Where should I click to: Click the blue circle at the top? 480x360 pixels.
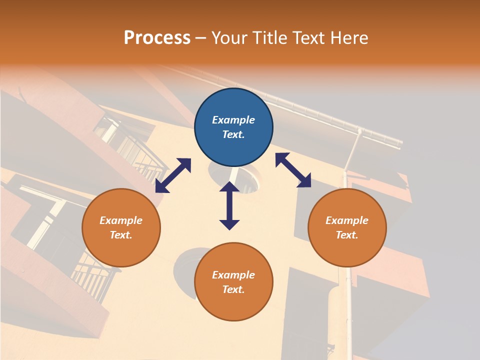pyautogui.click(x=233, y=127)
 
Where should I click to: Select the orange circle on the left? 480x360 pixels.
pyautogui.click(x=121, y=227)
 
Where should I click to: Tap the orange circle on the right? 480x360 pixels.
pyautogui.click(x=347, y=227)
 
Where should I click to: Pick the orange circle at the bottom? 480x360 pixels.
pyautogui.click(x=233, y=282)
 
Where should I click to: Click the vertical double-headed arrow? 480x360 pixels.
pyautogui.click(x=229, y=205)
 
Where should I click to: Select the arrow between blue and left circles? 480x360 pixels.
pyautogui.click(x=173, y=175)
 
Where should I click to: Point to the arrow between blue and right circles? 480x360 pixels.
pyautogui.click(x=293, y=170)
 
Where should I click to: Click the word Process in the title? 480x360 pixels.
pyautogui.click(x=157, y=37)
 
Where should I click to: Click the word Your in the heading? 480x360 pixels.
pyautogui.click(x=229, y=37)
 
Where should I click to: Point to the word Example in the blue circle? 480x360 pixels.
pyautogui.click(x=233, y=120)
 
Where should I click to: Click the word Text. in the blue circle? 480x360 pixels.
pyautogui.click(x=233, y=134)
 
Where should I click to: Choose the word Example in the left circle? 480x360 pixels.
pyautogui.click(x=121, y=220)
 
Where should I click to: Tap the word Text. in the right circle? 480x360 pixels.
pyautogui.click(x=347, y=235)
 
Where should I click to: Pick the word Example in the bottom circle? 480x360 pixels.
pyautogui.click(x=233, y=275)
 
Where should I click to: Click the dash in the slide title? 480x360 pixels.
pyautogui.click(x=201, y=38)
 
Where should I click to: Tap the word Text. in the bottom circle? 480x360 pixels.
pyautogui.click(x=233, y=289)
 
